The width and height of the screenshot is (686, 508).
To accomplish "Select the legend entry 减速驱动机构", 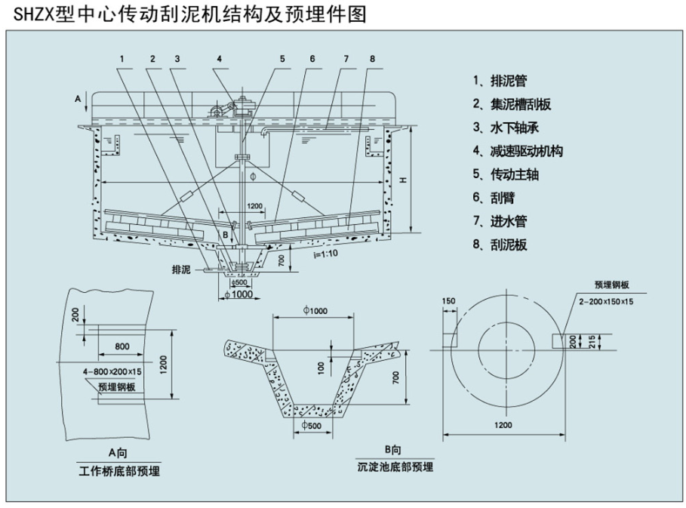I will tap(517, 151).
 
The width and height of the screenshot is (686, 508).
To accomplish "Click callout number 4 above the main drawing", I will tap(219, 58).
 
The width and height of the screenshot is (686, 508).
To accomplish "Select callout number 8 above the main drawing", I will tap(372, 58).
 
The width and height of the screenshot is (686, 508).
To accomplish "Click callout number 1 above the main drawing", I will tap(121, 58).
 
